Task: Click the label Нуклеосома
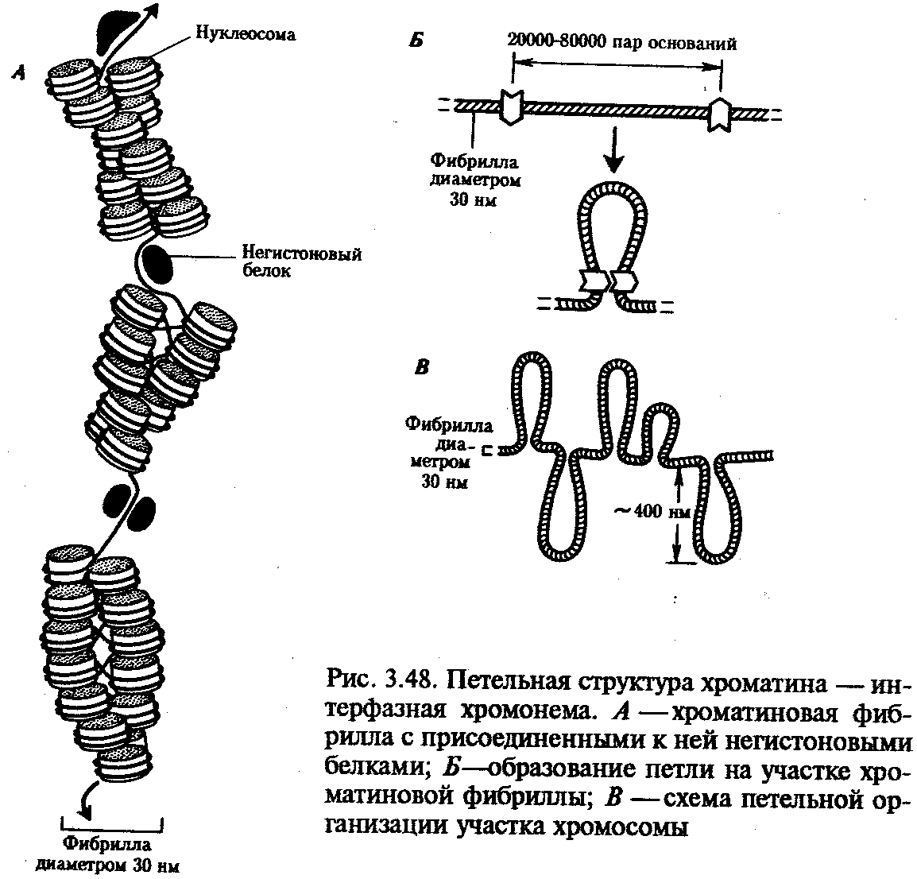click(x=245, y=34)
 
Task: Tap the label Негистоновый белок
click(x=301, y=262)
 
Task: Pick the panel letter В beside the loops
click(x=421, y=367)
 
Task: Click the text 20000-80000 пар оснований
click(x=621, y=43)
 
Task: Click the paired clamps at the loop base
click(x=609, y=281)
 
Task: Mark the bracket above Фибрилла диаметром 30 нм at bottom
click(x=112, y=826)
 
